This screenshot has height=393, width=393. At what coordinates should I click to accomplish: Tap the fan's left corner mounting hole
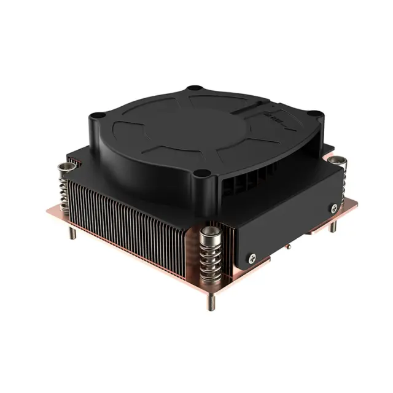coord(96,115)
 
